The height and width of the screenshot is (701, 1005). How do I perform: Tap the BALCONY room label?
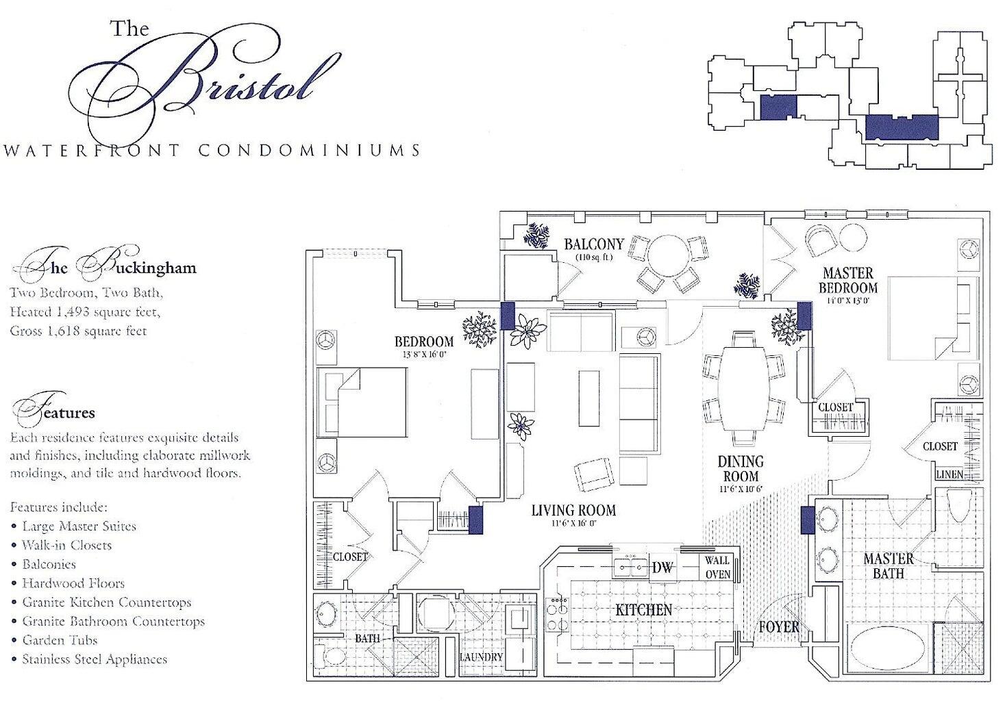[593, 244]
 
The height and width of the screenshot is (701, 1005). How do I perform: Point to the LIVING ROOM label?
[573, 510]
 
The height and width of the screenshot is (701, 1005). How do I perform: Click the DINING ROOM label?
[741, 469]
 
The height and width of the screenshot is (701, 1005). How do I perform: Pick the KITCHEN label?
[643, 609]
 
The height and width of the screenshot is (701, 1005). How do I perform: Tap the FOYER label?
[778, 626]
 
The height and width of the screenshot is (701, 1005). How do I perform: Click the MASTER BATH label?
[888, 565]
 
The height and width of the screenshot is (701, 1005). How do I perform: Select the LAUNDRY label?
[481, 657]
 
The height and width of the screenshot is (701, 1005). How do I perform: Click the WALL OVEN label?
[717, 568]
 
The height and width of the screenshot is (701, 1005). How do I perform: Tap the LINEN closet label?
[949, 474]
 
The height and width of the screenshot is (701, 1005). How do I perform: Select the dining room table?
[743, 387]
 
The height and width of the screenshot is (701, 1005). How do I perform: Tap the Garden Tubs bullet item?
[60, 640]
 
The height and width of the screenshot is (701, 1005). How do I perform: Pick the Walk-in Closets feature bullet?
[66, 545]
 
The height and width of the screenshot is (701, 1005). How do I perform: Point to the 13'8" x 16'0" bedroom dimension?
[424, 355]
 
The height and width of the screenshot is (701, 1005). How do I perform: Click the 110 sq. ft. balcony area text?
[593, 257]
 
